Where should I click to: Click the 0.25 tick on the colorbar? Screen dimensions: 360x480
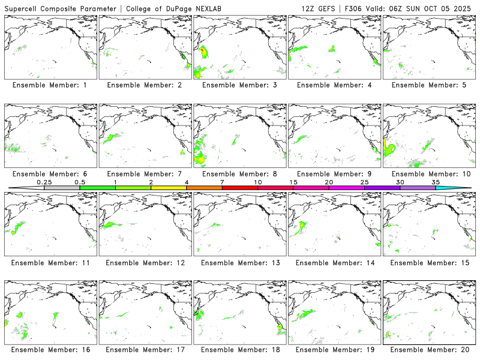44,182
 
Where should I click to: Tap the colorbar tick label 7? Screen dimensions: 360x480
222,182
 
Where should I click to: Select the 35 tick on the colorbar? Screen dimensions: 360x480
436,182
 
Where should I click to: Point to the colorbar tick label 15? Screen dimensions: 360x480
293,182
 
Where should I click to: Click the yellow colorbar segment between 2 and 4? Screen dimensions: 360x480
169,188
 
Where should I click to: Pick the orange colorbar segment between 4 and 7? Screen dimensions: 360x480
204,188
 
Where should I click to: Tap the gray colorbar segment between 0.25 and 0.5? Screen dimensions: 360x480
62,188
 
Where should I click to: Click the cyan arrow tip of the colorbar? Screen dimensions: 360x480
462,188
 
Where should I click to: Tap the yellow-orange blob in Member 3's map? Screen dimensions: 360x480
204,53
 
